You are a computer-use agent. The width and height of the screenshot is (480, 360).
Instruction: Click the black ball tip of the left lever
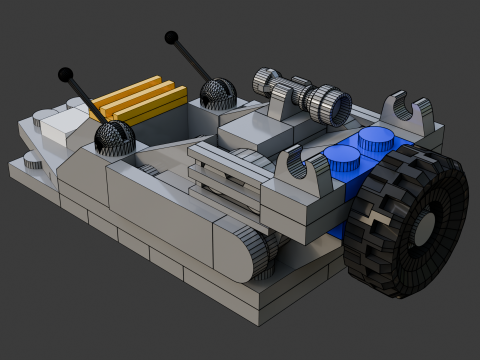[x=66, y=74]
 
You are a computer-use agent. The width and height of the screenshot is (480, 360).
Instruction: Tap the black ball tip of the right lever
[x=171, y=39]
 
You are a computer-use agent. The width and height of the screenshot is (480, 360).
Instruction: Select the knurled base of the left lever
[x=114, y=137]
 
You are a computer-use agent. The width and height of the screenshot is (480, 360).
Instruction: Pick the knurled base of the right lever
[x=217, y=94]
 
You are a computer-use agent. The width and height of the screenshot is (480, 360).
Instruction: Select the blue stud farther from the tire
[x=341, y=156]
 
